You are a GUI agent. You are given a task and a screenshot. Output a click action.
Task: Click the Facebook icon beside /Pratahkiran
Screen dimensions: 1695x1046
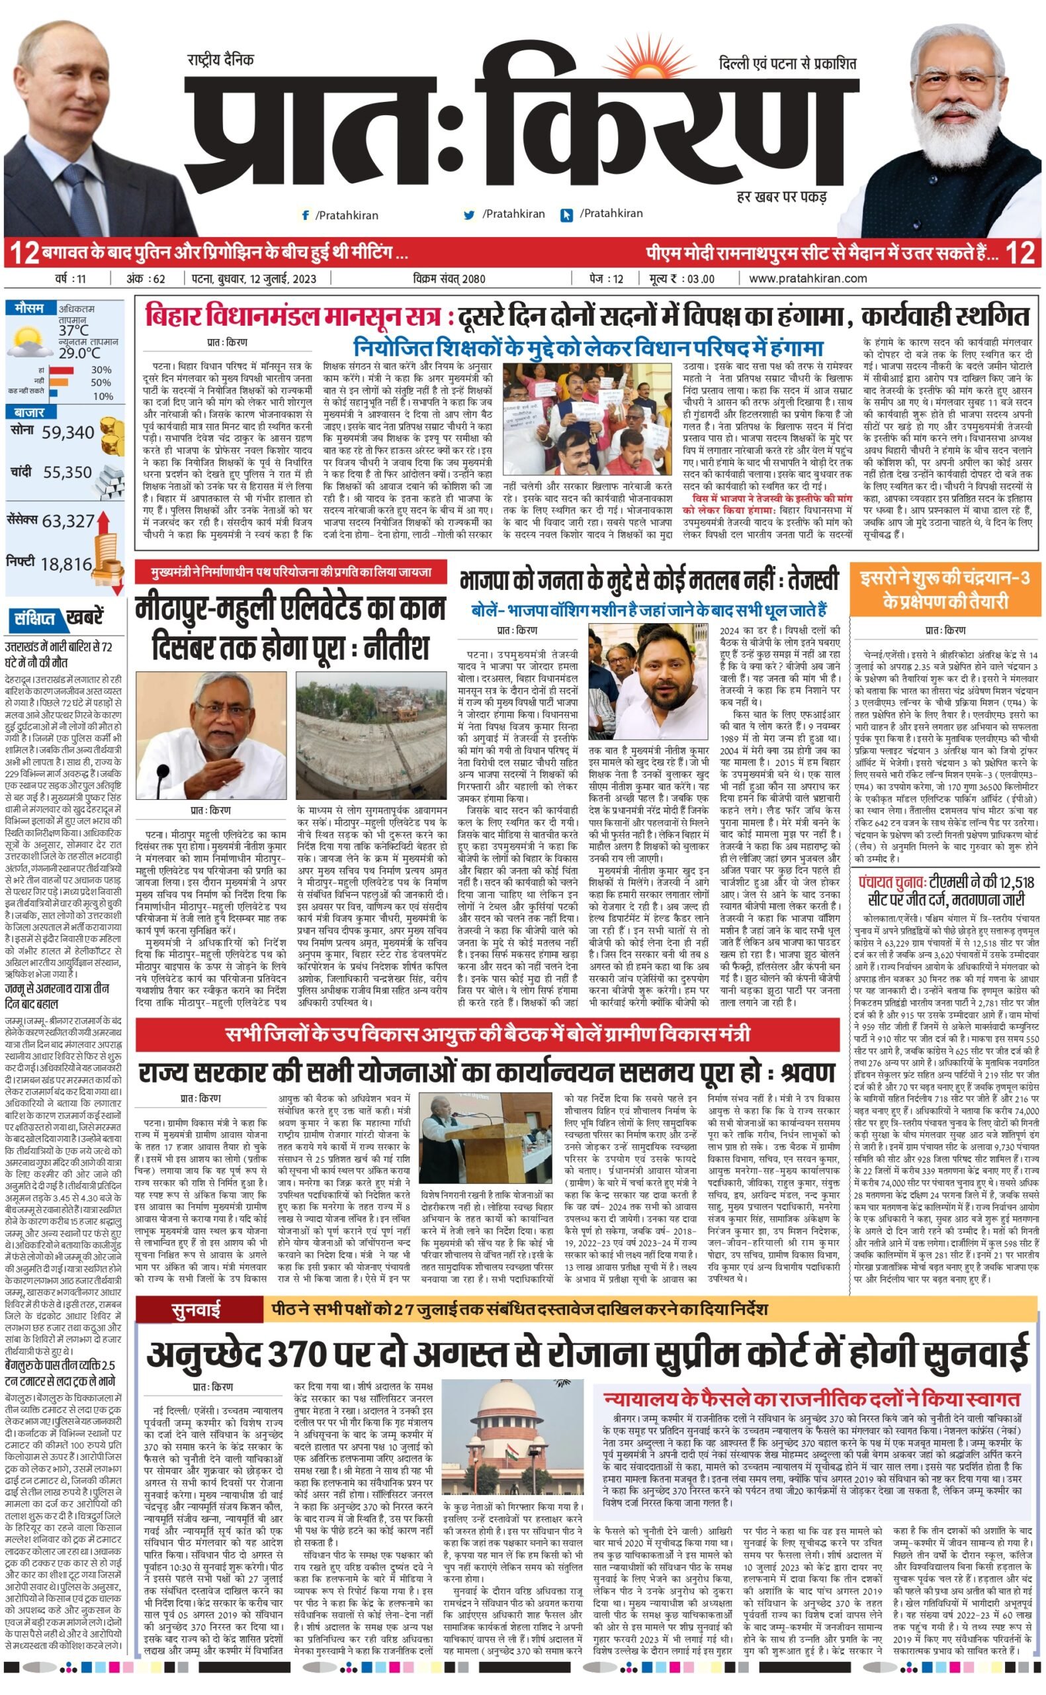[305, 215]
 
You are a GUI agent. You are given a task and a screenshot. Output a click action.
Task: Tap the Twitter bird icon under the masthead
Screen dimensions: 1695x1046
[470, 215]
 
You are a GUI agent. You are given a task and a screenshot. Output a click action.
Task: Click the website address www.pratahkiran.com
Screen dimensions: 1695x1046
[807, 278]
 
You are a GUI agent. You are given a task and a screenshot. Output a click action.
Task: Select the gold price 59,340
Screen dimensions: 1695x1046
[67, 432]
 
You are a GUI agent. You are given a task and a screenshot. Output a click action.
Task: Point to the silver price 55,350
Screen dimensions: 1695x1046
[67, 473]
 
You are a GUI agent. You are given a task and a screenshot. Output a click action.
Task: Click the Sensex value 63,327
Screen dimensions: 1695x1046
[67, 521]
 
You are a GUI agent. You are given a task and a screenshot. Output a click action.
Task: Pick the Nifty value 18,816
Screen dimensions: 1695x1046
[65, 565]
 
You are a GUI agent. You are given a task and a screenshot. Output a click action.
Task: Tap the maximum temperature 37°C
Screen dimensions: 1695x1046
[73, 330]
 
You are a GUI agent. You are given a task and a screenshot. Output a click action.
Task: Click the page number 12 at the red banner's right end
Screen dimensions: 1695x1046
[1020, 254]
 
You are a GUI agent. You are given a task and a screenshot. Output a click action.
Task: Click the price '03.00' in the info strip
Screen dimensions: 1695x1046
[699, 279]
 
